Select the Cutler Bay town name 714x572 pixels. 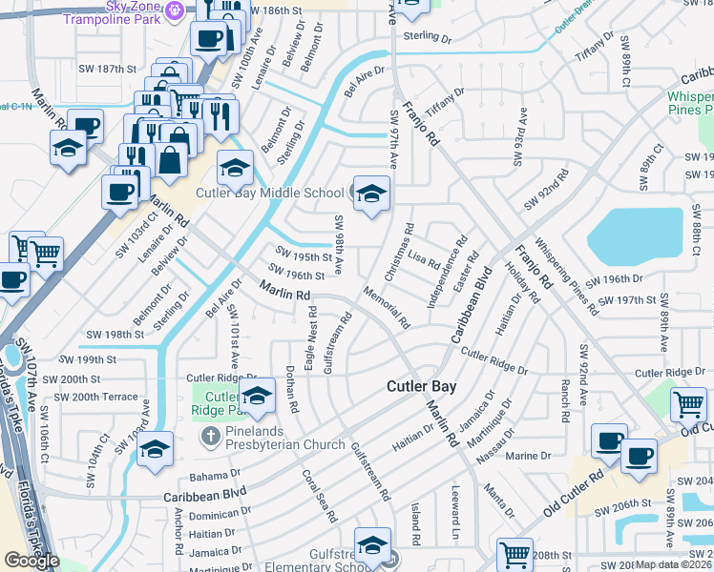tap(421, 386)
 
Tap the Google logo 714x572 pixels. tap(31, 561)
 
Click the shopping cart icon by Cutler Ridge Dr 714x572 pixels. tap(688, 405)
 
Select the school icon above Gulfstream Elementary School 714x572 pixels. tap(372, 546)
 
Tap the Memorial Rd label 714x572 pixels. tap(386, 307)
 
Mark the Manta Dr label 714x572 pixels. tap(500, 502)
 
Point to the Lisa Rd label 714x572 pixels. tap(424, 260)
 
